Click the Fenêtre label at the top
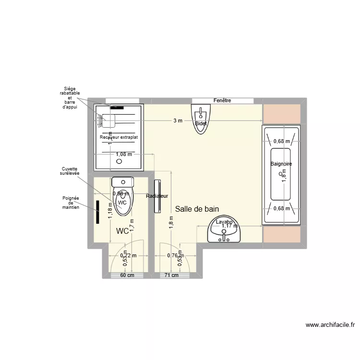click(x=222, y=100)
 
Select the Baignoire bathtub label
click(x=281, y=164)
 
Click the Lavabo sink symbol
click(x=224, y=230)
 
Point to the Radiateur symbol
click(x=157, y=196)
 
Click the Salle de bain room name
click(x=197, y=209)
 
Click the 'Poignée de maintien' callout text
click(x=71, y=203)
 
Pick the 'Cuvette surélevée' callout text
click(x=71, y=171)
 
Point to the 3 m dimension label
click(x=178, y=121)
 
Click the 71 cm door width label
click(x=171, y=276)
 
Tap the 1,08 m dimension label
click(x=124, y=154)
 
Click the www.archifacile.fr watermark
click(x=330, y=325)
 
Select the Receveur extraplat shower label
click(x=119, y=137)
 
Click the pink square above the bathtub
click(x=281, y=113)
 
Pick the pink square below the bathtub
click(x=281, y=234)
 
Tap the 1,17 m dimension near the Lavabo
click(x=229, y=226)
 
